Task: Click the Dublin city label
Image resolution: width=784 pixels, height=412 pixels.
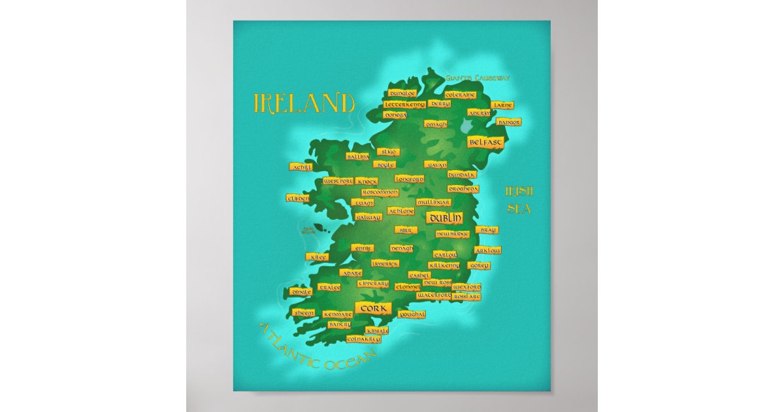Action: tap(444, 218)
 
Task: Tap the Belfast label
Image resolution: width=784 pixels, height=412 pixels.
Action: tap(485, 142)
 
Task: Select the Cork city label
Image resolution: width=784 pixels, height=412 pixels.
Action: tap(372, 308)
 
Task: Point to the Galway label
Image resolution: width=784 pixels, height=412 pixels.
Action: tap(368, 216)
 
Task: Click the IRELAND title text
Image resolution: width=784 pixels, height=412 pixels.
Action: tap(304, 103)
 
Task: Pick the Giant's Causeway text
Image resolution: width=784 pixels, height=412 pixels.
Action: tap(477, 78)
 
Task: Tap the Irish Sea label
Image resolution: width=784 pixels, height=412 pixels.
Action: tap(519, 200)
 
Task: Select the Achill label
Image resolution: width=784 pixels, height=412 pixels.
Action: tap(304, 167)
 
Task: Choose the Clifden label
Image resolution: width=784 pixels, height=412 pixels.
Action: tap(298, 197)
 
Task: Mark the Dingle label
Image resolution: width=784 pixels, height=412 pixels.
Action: tap(302, 292)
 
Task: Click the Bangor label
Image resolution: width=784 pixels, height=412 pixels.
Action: tap(509, 122)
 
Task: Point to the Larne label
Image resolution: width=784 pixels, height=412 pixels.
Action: tap(502, 105)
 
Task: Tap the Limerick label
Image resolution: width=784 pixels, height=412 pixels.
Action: tap(385, 263)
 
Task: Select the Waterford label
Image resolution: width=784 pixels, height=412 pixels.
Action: tap(434, 296)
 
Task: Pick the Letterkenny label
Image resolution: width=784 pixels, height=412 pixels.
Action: tap(404, 105)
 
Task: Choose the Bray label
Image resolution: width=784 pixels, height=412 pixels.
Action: tap(487, 230)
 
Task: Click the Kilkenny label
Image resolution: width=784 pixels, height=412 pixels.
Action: tap(444, 266)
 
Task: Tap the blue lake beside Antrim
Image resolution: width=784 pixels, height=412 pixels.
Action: tap(469, 124)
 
